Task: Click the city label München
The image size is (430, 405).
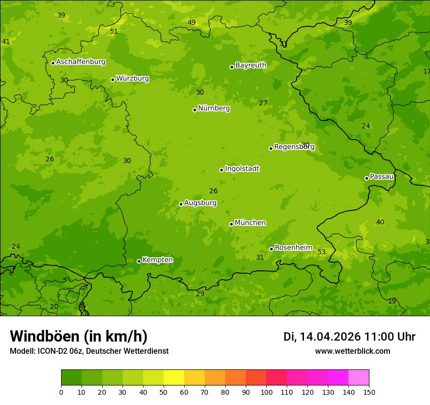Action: [250, 223]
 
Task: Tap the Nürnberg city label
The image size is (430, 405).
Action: [214, 108]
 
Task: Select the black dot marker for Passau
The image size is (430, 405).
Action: [366, 178]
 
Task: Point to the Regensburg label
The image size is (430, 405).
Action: [294, 147]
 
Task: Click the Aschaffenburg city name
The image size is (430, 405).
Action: [81, 62]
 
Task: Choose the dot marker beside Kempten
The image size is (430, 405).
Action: [139, 261]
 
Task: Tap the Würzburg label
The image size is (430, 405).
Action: [132, 79]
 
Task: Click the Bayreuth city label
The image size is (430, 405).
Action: [251, 65]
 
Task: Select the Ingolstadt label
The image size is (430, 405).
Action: [242, 169]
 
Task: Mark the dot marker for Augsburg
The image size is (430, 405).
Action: [181, 204]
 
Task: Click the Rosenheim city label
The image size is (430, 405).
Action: [293, 248]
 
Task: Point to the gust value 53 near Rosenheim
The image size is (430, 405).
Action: [322, 252]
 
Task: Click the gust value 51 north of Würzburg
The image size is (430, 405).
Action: [114, 32]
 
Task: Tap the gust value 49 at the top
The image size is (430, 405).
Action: [192, 23]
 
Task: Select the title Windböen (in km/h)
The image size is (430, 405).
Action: [79, 336]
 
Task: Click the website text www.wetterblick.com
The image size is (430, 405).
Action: [352, 351]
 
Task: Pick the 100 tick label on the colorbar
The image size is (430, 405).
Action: [266, 392]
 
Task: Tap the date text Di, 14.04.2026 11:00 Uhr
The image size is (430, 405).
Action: [349, 337]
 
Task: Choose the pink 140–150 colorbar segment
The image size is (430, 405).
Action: [359, 378]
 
